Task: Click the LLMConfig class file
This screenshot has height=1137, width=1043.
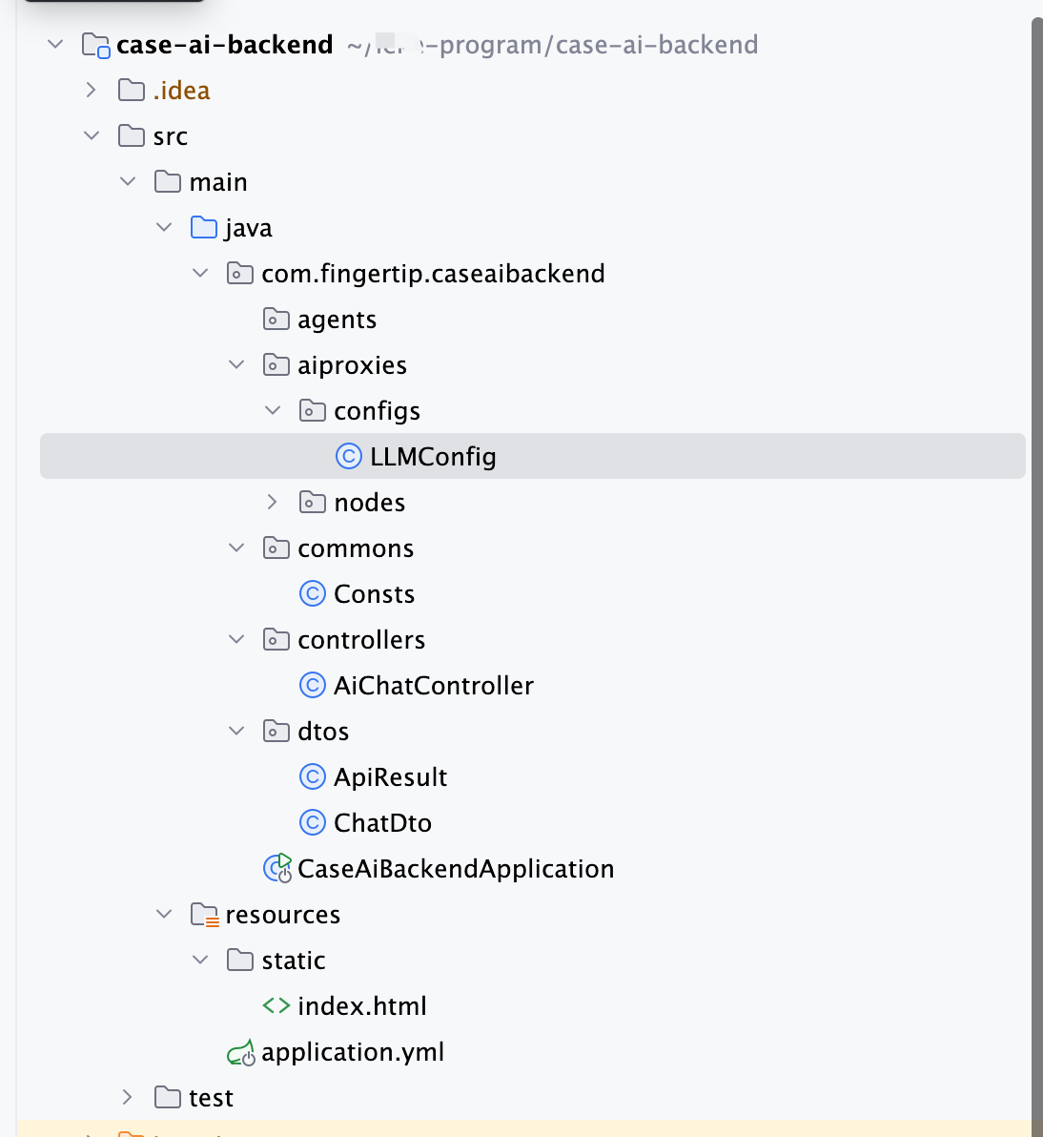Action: [x=433, y=457]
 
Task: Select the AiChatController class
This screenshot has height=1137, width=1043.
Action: [x=433, y=686]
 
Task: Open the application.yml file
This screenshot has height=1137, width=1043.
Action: [x=353, y=1052]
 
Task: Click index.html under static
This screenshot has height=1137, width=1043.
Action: [x=361, y=1006]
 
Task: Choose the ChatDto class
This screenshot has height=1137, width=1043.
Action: [x=382, y=823]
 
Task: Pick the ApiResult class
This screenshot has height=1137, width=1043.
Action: [x=390, y=777]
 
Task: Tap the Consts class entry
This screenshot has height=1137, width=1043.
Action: [x=374, y=594]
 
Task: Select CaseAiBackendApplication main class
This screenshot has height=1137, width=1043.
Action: [x=456, y=869]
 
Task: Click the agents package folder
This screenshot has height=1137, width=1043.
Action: [x=337, y=320]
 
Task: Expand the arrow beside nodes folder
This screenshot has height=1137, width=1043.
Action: [x=273, y=502]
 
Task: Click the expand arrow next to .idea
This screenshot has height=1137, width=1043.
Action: [x=92, y=90]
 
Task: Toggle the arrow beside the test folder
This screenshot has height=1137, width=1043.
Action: [x=128, y=1097]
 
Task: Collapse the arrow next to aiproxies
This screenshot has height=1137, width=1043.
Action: [x=236, y=364]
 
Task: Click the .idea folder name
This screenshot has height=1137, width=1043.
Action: [x=181, y=91]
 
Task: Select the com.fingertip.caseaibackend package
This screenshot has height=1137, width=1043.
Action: [x=433, y=274]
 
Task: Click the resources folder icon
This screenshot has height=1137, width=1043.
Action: [x=204, y=915]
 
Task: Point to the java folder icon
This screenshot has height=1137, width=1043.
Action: [x=204, y=228]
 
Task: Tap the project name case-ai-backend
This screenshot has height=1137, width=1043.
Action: [x=224, y=45]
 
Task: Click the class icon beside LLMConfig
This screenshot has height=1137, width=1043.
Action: [x=349, y=457]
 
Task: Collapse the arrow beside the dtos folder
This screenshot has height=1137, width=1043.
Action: [x=236, y=731]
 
